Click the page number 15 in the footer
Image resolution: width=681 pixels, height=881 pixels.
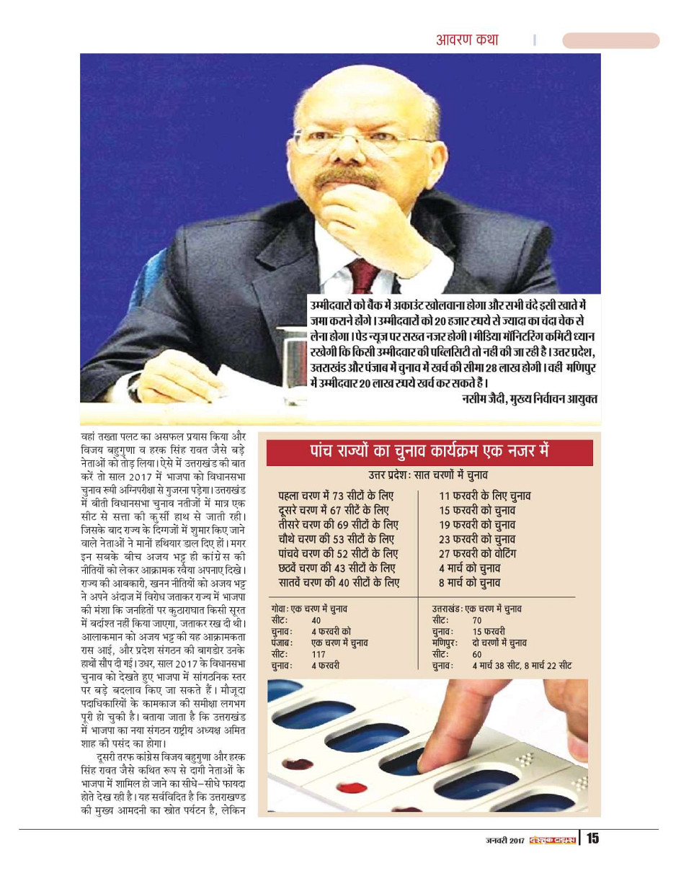point(592,838)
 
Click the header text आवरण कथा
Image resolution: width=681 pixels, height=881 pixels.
point(466,40)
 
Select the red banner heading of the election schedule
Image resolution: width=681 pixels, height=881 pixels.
point(429,452)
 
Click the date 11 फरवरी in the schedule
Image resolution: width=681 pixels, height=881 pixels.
point(462,496)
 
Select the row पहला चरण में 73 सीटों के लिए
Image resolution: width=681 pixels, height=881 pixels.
point(336,496)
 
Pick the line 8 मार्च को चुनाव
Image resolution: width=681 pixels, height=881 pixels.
point(469,583)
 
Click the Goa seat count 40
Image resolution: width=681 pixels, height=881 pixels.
point(316,620)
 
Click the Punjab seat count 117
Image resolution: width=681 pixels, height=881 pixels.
point(318,654)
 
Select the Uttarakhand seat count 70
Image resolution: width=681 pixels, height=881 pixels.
point(477,620)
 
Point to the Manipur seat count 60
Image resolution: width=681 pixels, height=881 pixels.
point(477,654)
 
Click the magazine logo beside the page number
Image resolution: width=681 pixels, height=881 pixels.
point(552,839)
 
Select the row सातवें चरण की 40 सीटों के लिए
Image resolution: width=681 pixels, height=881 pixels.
point(339,583)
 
